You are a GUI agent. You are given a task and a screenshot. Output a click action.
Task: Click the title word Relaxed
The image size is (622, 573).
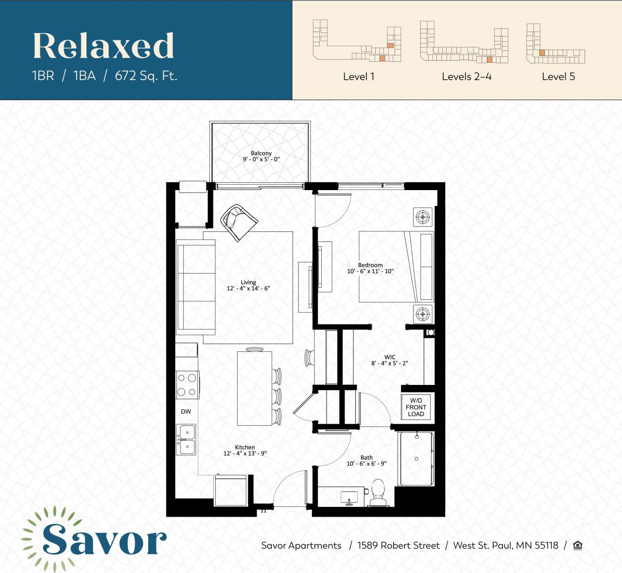click(104, 46)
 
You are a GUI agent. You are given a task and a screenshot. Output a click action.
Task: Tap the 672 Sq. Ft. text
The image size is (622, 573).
click(146, 76)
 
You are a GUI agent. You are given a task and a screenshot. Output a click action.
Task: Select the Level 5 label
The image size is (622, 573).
click(558, 76)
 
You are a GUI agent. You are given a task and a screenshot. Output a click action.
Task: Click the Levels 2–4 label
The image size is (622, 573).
click(466, 76)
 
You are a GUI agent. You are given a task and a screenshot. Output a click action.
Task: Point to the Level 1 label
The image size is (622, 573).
click(359, 76)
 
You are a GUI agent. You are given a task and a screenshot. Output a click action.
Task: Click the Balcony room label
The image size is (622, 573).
click(261, 153)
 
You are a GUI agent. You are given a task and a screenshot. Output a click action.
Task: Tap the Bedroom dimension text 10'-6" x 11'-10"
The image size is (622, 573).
click(370, 271)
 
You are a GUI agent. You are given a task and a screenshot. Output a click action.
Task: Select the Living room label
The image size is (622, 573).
click(248, 282)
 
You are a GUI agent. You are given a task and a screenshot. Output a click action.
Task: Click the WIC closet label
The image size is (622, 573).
click(390, 357)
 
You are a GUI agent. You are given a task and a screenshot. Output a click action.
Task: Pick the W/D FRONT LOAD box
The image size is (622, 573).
click(416, 407)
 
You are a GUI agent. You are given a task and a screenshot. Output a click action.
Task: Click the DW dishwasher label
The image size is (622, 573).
click(186, 412)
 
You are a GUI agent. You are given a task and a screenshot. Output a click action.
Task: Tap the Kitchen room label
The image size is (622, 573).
click(245, 447)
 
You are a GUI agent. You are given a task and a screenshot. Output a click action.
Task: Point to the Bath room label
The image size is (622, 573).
click(366, 457)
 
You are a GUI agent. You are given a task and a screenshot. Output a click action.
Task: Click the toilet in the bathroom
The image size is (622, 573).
click(378, 492)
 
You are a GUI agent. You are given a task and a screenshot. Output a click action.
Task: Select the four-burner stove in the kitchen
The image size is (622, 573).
click(187, 385)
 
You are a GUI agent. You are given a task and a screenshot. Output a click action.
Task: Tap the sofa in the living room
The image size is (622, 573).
click(196, 287)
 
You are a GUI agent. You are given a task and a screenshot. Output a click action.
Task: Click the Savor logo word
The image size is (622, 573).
click(104, 539)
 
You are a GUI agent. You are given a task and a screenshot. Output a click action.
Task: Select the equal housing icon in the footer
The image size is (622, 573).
click(577, 545)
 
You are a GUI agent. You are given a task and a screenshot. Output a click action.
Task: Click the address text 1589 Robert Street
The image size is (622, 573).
click(398, 545)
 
